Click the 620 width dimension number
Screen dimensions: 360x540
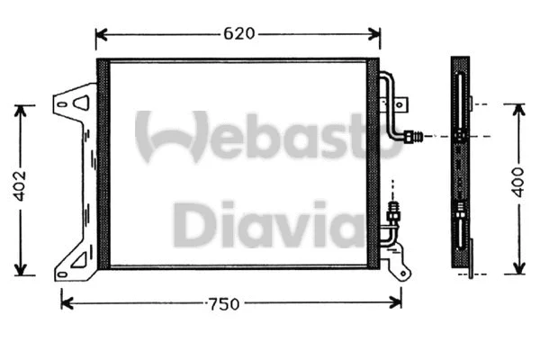pos(238,34)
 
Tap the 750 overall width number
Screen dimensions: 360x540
pos(221,304)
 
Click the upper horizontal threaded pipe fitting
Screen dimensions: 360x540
pos(414,137)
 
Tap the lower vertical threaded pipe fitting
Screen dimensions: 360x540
pos(392,214)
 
